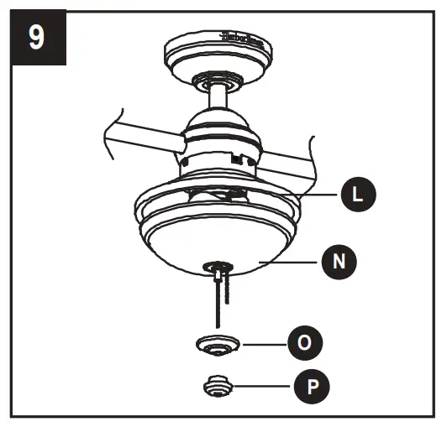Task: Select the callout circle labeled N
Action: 339,261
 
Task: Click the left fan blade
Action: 134,133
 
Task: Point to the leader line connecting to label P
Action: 260,387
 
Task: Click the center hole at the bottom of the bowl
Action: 217,266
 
